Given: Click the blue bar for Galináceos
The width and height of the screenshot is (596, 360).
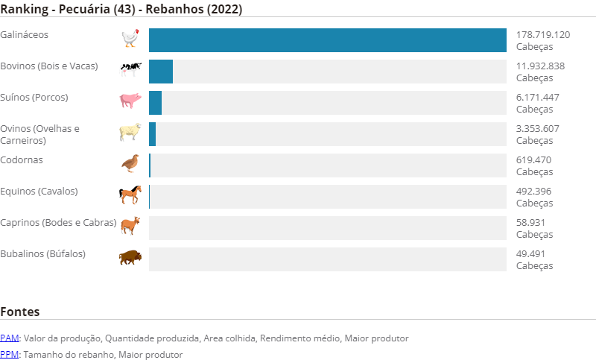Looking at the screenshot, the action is click(328, 40).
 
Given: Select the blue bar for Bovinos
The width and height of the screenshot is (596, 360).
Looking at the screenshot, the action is click(161, 72).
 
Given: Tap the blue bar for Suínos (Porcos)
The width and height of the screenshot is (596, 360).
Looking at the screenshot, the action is click(156, 103).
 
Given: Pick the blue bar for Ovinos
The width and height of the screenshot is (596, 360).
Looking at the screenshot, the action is click(153, 134).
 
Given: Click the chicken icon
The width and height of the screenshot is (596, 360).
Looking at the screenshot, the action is click(130, 37).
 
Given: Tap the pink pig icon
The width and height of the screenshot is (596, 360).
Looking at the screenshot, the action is click(130, 101).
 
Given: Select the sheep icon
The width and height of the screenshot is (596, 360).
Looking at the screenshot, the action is click(130, 131).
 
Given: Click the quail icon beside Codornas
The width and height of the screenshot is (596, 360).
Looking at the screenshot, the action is click(130, 163).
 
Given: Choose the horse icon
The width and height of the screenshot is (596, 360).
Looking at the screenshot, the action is click(130, 195).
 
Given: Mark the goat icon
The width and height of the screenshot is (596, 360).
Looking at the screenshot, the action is click(130, 225).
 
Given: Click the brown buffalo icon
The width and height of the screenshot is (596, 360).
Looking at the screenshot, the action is click(130, 257).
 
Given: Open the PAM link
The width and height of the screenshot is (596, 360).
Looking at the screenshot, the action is click(10, 338).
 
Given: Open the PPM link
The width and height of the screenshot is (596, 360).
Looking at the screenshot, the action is click(10, 355).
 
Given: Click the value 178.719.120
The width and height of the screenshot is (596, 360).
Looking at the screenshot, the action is click(543, 34).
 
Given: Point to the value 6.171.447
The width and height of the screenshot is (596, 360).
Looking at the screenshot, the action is click(537, 98).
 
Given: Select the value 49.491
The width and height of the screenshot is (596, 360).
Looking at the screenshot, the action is click(530, 253).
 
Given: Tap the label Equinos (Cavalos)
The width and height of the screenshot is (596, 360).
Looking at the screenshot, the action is click(39, 192).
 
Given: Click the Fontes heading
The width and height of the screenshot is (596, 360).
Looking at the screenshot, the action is click(20, 312).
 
